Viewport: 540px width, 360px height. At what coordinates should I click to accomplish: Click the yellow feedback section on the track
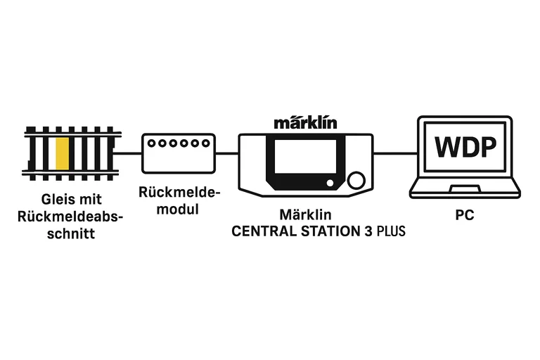point(62,154)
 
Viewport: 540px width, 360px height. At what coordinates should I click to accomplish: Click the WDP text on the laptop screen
point(465,148)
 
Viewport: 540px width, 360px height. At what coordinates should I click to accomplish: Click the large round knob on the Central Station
point(357,182)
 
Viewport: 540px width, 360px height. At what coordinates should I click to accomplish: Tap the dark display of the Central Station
point(305,156)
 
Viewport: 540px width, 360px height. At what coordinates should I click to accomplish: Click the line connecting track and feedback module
point(129,153)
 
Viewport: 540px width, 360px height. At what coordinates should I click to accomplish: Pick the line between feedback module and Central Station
point(226,153)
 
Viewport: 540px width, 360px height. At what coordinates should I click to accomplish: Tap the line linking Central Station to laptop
point(392,153)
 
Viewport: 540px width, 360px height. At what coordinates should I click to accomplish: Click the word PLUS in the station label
point(391,230)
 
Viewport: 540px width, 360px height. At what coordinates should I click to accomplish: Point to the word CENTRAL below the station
point(262,230)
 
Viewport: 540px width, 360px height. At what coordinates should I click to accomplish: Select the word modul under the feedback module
point(178,209)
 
